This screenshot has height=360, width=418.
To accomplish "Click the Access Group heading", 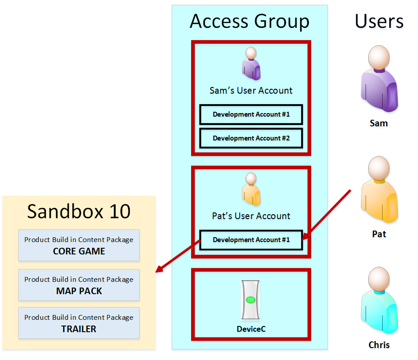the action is [249, 21].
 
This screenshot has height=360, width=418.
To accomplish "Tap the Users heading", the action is [379, 21].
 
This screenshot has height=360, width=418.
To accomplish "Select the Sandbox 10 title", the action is [79, 211].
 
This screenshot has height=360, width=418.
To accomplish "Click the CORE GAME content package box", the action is [79, 245].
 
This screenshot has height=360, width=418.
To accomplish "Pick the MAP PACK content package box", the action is [79, 285].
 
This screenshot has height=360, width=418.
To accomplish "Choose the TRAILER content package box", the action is [79, 323].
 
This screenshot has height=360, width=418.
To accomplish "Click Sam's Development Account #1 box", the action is [251, 114].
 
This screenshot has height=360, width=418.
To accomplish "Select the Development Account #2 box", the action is [251, 138].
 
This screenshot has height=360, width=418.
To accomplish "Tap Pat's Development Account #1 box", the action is [251, 240].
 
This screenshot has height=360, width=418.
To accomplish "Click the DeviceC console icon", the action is [251, 300].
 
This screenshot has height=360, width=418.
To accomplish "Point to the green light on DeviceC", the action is [251, 300].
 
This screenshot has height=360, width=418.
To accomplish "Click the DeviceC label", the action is [251, 329].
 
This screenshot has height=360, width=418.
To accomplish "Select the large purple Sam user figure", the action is [379, 79].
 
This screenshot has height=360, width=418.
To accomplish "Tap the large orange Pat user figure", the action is [379, 189].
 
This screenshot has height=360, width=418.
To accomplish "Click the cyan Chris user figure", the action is [379, 300].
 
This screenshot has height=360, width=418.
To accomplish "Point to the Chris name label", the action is [379, 345].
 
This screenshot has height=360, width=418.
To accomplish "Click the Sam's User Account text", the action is [251, 91].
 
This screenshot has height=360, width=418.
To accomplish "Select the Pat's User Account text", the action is [251, 216].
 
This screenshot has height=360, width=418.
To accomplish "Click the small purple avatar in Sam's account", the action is [251, 64].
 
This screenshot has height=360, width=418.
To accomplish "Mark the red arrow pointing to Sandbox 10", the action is [178, 256].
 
